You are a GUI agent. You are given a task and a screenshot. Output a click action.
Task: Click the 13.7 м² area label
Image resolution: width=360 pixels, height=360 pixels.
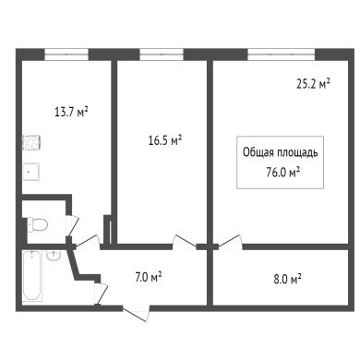pyautogui.click(x=71, y=112)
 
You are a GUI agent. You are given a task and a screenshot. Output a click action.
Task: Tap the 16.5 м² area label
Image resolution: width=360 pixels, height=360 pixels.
pyautogui.click(x=165, y=141)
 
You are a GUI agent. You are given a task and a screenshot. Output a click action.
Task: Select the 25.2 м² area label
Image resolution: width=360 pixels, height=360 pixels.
pyautogui.click(x=313, y=84)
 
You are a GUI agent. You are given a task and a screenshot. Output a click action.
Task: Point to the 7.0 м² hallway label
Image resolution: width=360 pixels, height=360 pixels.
pyautogui.click(x=149, y=278)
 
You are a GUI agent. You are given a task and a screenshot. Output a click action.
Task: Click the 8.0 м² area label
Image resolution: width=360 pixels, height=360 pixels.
pyautogui.click(x=287, y=280)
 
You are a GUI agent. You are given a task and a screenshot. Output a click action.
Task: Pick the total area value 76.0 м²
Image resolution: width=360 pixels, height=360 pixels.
pyautogui.click(x=283, y=173)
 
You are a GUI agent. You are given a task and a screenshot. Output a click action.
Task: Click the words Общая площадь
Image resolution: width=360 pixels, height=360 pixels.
pyautogui.click(x=281, y=152)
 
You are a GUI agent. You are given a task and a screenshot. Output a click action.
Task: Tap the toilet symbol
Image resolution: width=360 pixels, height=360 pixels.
pyautogui.click(x=37, y=224)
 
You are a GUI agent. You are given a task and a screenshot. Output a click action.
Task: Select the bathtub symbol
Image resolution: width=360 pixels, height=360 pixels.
pyautogui.click(x=32, y=276)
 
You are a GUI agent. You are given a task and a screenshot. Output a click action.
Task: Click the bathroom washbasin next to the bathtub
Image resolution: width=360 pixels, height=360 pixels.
pyautogui.click(x=54, y=256)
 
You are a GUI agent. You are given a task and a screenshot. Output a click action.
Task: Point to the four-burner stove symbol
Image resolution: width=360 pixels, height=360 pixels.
pyautogui.click(x=31, y=142)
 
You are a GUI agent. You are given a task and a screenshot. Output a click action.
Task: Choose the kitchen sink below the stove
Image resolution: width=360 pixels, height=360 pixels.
pyautogui.click(x=30, y=172)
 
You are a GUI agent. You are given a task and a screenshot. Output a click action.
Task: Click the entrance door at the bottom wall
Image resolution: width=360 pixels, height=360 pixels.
pyautogui.click(x=137, y=313)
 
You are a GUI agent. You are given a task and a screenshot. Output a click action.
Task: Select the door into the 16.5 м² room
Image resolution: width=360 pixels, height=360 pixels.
pyautogui.click(x=185, y=241)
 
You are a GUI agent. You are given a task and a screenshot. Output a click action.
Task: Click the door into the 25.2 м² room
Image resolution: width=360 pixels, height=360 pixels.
pyautogui.click(x=230, y=242)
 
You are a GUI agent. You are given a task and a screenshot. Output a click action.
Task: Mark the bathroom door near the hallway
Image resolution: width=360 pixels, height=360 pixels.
pyautogui.click(x=101, y=294)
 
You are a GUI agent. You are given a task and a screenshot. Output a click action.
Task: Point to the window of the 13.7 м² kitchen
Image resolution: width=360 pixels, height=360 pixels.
pyautogui.click(x=66, y=54)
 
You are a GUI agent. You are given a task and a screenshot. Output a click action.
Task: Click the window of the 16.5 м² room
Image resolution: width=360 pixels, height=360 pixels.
pyautogui.click(x=162, y=54)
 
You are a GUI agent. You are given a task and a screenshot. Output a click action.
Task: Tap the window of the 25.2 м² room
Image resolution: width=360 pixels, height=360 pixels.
pyautogui.click(x=282, y=54)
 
